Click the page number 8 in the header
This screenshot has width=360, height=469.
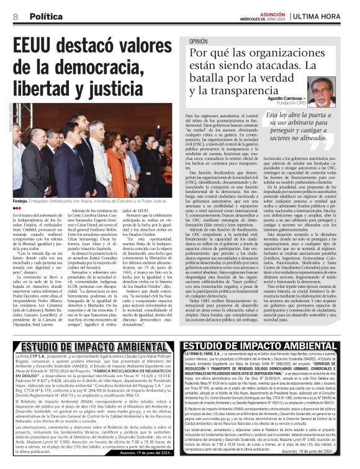(x=14, y=16)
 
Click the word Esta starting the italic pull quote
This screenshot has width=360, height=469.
(x=274, y=115)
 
